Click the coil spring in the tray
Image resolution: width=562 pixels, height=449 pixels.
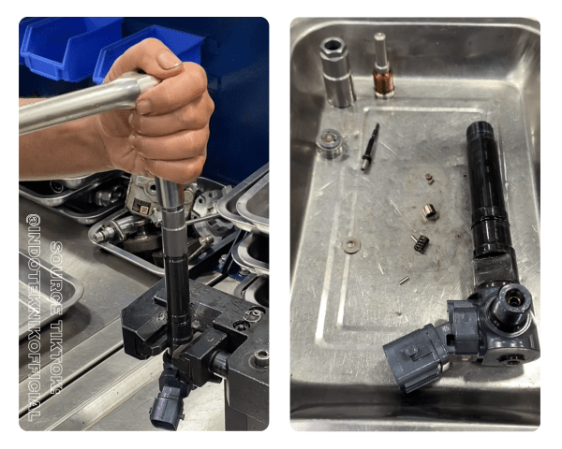point(420,242)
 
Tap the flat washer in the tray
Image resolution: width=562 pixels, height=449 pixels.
point(351,245)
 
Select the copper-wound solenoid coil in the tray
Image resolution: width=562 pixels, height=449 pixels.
point(382,79)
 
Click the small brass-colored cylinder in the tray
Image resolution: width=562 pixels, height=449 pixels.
point(429,211)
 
